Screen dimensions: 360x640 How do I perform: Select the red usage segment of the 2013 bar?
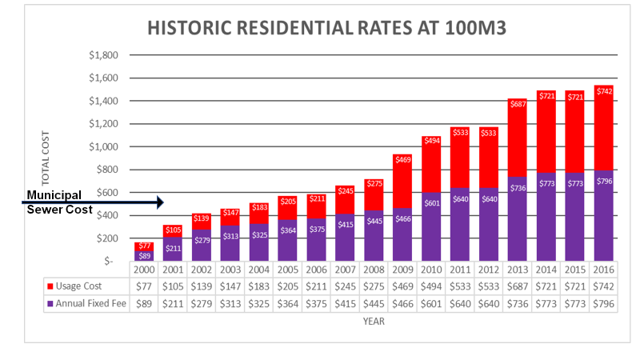519,136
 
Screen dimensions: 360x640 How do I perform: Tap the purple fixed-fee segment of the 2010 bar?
433,232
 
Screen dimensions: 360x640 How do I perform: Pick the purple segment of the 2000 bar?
145,256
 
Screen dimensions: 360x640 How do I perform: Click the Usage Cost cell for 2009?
404,286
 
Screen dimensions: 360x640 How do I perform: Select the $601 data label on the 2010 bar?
433,203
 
